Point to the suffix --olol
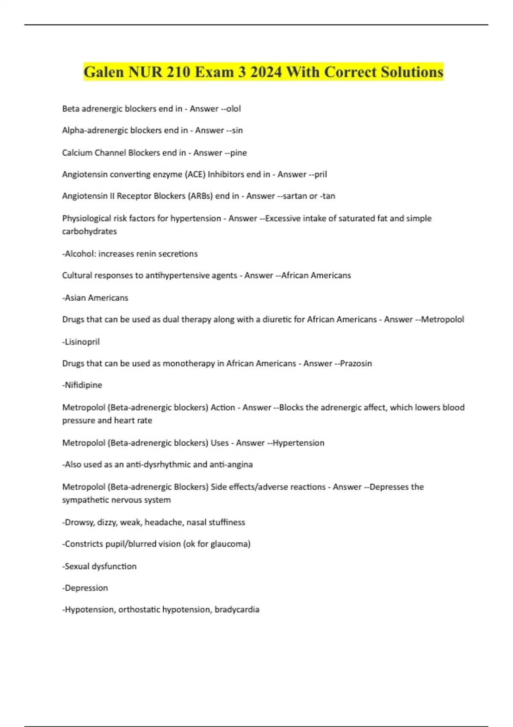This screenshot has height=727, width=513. pos(231,109)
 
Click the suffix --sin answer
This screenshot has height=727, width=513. pos(234,130)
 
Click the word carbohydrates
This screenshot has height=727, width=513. pos(89,231)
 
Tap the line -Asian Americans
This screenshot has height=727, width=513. pos(95,298)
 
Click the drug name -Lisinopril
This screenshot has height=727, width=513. pos(81,342)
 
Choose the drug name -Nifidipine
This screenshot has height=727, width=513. pos(82,385)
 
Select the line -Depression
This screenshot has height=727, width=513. pos(85,588)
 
